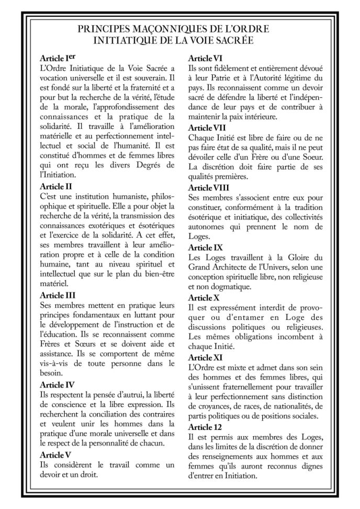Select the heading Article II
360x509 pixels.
point(56,185)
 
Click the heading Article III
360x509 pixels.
point(58,295)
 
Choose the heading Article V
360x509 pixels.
point(55,454)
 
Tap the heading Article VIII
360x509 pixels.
point(209,187)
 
